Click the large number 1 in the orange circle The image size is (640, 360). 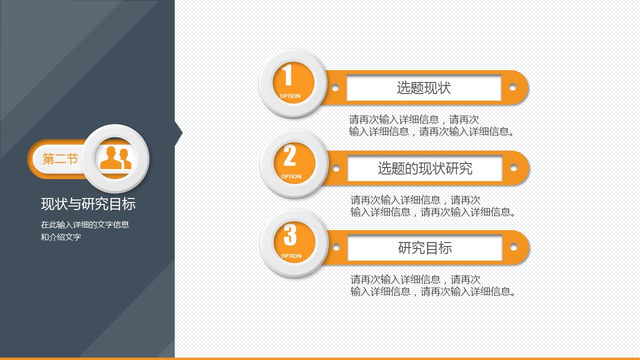287,74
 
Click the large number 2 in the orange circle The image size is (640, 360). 289,155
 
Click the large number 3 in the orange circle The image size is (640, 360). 290,234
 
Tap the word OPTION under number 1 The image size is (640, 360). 290,96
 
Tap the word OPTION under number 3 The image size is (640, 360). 291,256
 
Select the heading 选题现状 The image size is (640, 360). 423,87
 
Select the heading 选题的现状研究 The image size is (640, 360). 425,168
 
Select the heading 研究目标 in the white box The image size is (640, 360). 425,247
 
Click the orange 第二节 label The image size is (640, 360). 60,159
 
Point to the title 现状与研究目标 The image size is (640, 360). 88,204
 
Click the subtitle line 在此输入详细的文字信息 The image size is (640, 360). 85,225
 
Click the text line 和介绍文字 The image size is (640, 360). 61,237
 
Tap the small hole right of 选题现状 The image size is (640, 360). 512,87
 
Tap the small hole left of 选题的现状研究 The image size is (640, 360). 336,168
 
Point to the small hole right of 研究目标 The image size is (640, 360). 513,247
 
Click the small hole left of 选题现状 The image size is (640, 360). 335,87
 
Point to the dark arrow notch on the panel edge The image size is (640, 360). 178,132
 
